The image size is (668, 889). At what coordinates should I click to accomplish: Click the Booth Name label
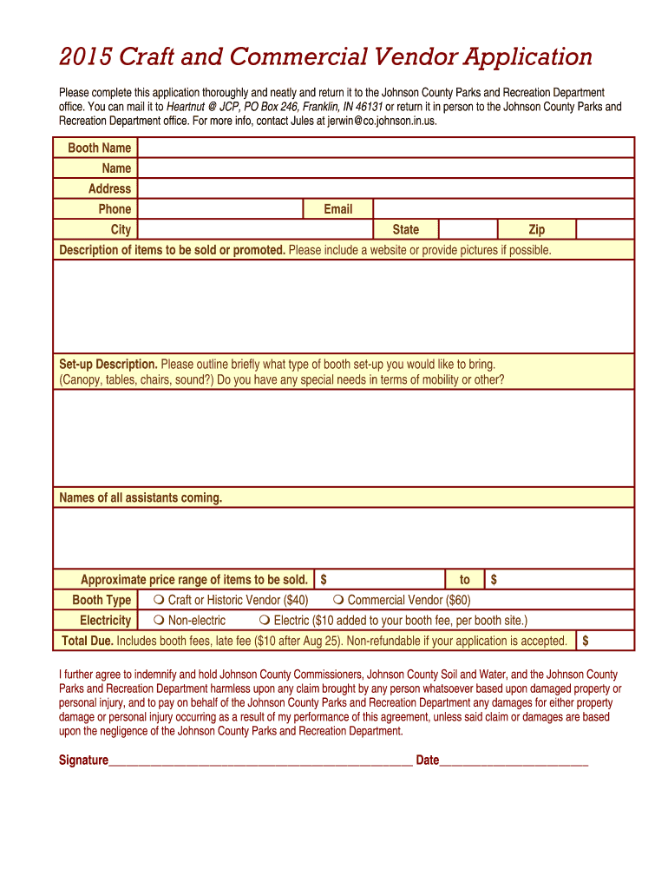pyautogui.click(x=99, y=148)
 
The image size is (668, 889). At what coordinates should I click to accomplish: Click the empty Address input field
pyautogui.click(x=386, y=188)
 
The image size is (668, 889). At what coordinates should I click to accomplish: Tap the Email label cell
pyautogui.click(x=337, y=209)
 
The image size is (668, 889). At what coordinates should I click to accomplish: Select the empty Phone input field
pyautogui.click(x=219, y=209)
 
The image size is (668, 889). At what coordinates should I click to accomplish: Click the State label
pyautogui.click(x=405, y=230)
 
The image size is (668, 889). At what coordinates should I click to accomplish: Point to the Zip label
pyautogui.click(x=536, y=230)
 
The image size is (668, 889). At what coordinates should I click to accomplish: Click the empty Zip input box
pyautogui.click(x=605, y=230)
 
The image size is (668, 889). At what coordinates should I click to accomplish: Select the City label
pyautogui.click(x=121, y=230)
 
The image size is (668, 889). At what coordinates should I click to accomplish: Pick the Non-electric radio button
pyautogui.click(x=160, y=621)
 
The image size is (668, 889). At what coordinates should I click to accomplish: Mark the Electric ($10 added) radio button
pyautogui.click(x=265, y=621)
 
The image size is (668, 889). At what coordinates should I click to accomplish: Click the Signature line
pyautogui.click(x=260, y=761)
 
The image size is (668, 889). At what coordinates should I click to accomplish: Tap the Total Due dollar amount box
pyautogui.click(x=606, y=641)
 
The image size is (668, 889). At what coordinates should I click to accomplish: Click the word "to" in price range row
pyautogui.click(x=465, y=580)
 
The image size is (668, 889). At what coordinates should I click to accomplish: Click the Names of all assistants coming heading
pyautogui.click(x=141, y=498)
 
